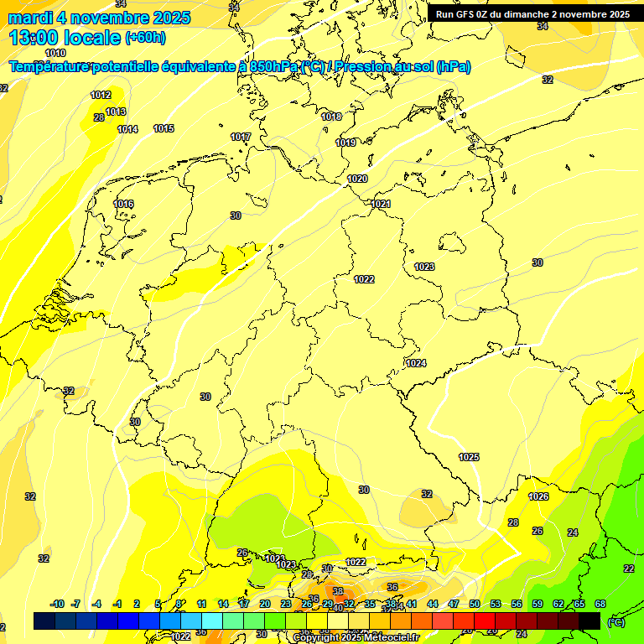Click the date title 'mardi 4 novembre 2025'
pos(99,18)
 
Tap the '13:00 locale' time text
pos(65,38)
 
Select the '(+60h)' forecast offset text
pos(145,38)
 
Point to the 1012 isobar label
pos(101,95)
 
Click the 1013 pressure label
pos(116,112)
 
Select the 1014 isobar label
pos(127,129)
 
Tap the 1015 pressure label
pos(164,128)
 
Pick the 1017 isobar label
pos(241,137)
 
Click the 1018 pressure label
pos(331,117)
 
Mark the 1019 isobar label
pos(345,143)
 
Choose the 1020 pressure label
pos(357,179)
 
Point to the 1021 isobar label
pos(381,204)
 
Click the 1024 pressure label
pos(416,363)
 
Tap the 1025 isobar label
pos(469,457)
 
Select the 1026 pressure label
pos(538,496)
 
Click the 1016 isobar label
pos(123,204)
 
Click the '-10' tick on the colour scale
pos(57,604)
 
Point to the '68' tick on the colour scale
pos(600,604)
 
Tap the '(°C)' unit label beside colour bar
pos(615,621)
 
